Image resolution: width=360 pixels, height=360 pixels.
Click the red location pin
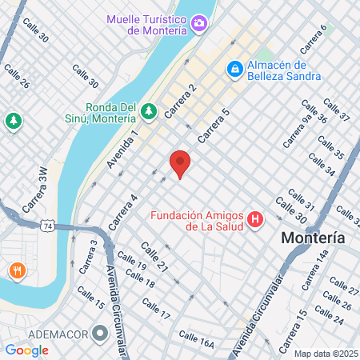(x=180, y=163)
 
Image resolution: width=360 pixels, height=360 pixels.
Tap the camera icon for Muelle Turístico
(x=198, y=22)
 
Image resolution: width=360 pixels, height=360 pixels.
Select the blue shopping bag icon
(x=234, y=70)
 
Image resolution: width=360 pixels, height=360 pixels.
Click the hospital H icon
(x=255, y=218)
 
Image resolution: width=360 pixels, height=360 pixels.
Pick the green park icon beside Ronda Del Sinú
(x=150, y=109)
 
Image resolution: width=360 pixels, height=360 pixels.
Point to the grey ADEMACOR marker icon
(x=100, y=332)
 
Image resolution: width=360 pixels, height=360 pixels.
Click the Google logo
(x=26, y=350)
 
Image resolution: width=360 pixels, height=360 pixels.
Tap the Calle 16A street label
(x=196, y=339)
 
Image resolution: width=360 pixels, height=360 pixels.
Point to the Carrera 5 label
(x=214, y=126)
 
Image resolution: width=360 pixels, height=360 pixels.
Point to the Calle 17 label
(x=156, y=310)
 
